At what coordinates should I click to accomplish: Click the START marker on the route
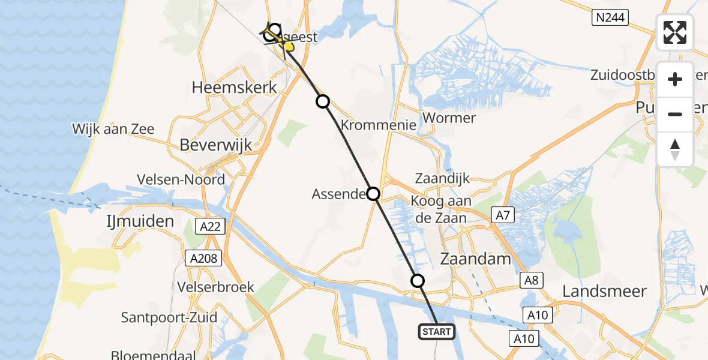[436, 332]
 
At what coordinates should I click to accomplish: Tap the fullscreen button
[675, 32]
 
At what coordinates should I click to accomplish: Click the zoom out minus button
[675, 114]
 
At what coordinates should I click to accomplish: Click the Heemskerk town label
[235, 87]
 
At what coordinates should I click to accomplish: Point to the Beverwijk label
[216, 145]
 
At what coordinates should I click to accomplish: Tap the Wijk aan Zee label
[113, 129]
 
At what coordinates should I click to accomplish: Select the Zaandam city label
[476, 259]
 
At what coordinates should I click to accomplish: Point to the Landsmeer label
[604, 292]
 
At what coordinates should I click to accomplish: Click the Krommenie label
[379, 125]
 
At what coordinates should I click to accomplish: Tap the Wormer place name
[449, 118]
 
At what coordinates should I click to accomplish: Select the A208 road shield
[204, 259]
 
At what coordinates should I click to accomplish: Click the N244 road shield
[610, 19]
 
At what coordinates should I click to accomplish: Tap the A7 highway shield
[502, 214]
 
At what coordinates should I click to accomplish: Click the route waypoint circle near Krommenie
[323, 101]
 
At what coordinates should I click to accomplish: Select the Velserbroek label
[216, 287]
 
